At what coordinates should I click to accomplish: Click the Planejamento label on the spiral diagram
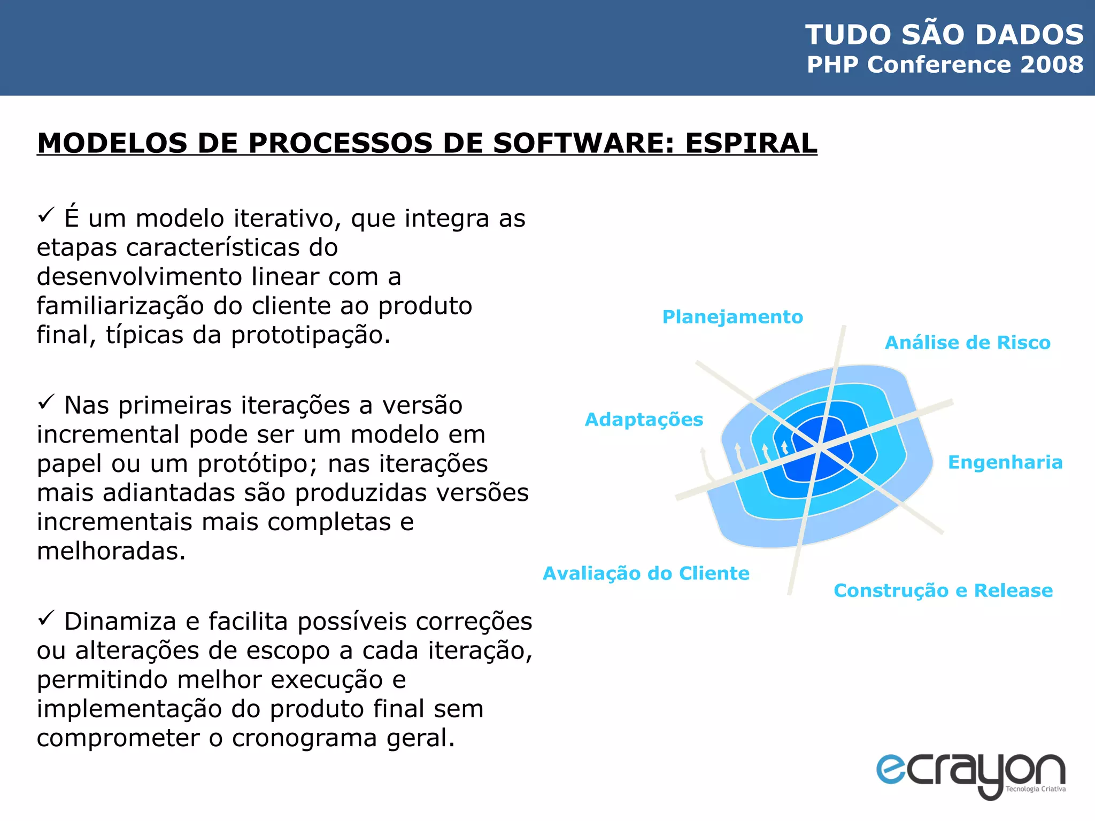[732, 317]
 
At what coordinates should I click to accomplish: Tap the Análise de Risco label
[967, 343]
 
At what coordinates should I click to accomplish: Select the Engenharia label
[1005, 462]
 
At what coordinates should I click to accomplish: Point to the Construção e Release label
[943, 591]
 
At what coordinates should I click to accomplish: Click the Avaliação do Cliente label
[646, 574]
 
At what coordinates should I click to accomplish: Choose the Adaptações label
[644, 420]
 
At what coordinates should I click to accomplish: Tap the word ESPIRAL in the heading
[751, 143]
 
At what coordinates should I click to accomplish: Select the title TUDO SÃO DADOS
[944, 35]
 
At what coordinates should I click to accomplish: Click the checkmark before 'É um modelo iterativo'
[47, 215]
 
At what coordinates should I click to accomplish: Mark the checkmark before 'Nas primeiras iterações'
[47, 402]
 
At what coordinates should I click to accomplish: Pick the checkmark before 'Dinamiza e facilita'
[47, 618]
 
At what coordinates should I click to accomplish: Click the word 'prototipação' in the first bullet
[310, 336]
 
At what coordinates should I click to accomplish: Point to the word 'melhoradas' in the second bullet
[111, 551]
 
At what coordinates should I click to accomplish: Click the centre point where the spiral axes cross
[820, 448]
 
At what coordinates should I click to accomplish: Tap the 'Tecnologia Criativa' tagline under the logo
[1035, 789]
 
